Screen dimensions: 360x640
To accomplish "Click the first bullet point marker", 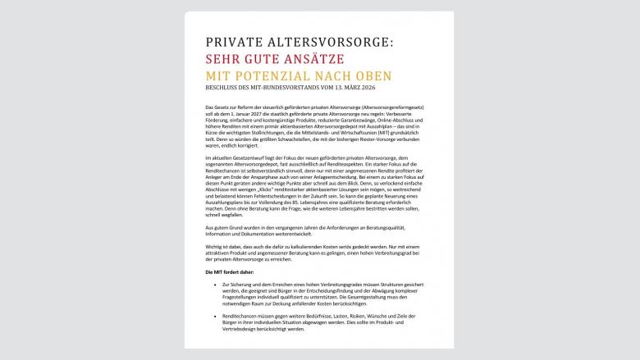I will pyautogui.click(x=213, y=284).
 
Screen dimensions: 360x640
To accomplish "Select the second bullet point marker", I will pyautogui.click(x=213, y=315).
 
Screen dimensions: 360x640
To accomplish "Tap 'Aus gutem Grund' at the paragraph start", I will pyautogui.click(x=222, y=226).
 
